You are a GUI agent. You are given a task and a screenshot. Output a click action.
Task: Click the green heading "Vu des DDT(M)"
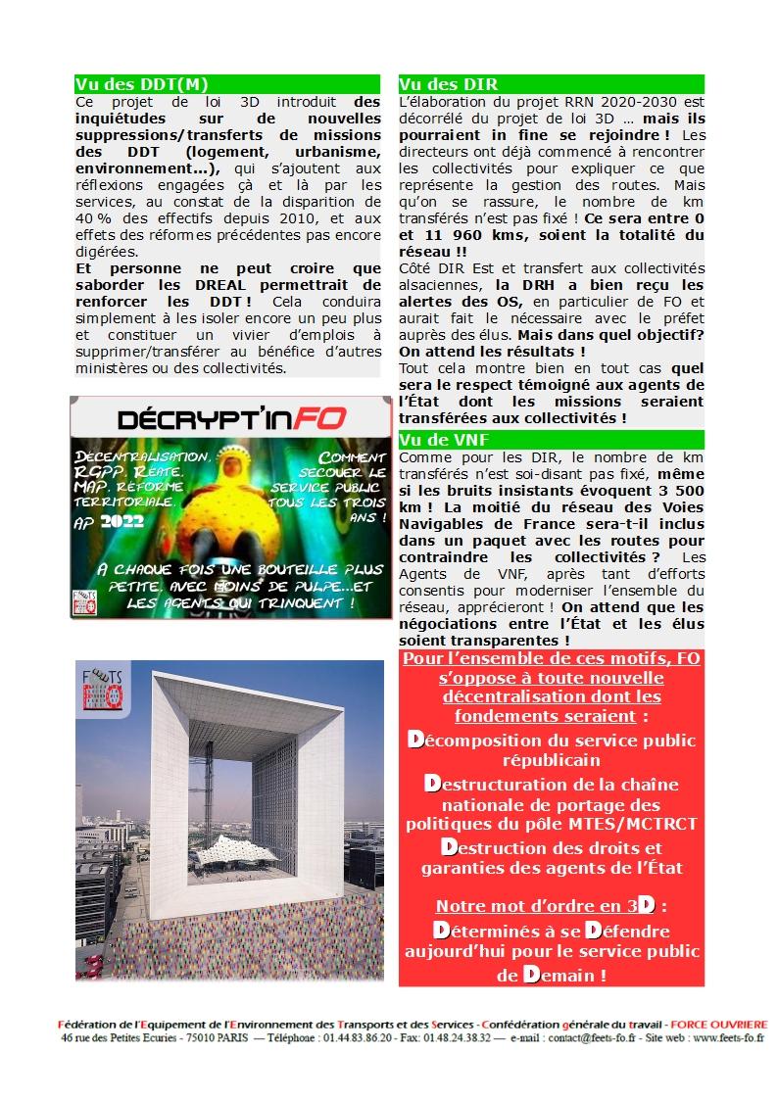click(141, 84)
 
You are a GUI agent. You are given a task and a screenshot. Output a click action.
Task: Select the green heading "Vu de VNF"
click(445, 440)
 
